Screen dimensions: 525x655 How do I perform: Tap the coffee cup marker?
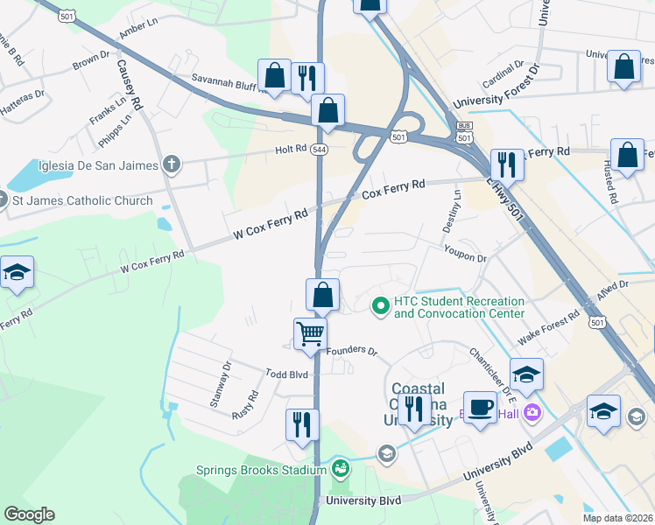480,408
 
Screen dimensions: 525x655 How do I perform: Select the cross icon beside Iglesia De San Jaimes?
172,164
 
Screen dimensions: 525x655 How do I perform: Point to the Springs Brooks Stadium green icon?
340,470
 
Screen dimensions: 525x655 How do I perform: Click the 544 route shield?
320,150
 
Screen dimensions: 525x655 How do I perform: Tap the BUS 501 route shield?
464,134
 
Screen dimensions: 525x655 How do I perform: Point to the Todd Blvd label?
287,374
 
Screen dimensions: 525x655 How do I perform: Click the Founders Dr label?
351,352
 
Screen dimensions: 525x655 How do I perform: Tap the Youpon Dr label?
465,258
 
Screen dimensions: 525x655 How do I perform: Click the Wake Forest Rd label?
548,326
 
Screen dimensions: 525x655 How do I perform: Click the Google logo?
29,514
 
